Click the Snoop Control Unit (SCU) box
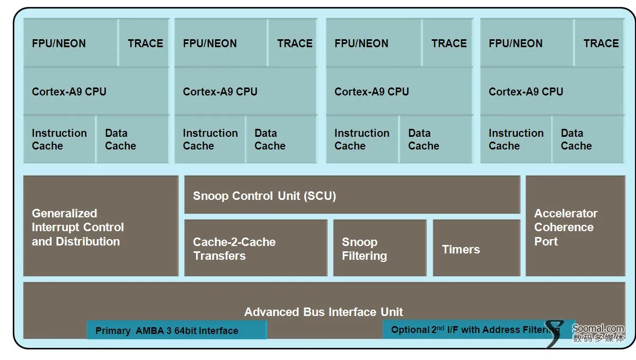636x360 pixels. pyautogui.click(x=352, y=195)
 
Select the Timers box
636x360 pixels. pyautogui.click(x=476, y=248)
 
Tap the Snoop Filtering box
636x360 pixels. pyautogui.click(x=380, y=248)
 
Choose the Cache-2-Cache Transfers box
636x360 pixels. pyautogui.click(x=256, y=248)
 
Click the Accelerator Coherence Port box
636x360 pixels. pyautogui.click(x=575, y=226)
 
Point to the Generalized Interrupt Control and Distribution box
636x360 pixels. pyautogui.click(x=101, y=226)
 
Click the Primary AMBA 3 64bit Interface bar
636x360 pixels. pyautogui.click(x=176, y=330)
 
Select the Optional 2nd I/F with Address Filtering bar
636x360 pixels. pyautogui.click(x=479, y=329)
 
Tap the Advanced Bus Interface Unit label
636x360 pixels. pyautogui.click(x=323, y=312)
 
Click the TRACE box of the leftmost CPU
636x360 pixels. pyautogui.click(x=144, y=42)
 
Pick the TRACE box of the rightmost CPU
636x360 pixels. pyautogui.click(x=599, y=42)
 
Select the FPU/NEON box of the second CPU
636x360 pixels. pyautogui.click(x=221, y=42)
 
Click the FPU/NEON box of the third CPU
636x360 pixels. pyautogui.click(x=374, y=42)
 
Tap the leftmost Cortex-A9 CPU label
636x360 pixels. pyautogui.click(x=69, y=92)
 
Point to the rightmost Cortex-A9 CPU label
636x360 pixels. pyautogui.click(x=526, y=92)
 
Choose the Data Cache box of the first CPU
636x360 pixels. pyautogui.click(x=132, y=139)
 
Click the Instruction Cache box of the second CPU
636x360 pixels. pyautogui.click(x=210, y=139)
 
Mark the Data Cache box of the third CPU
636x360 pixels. pyautogui.click(x=436, y=139)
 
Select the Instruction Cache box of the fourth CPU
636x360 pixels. pyautogui.click(x=516, y=139)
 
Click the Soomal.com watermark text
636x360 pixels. pyautogui.click(x=598, y=328)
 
